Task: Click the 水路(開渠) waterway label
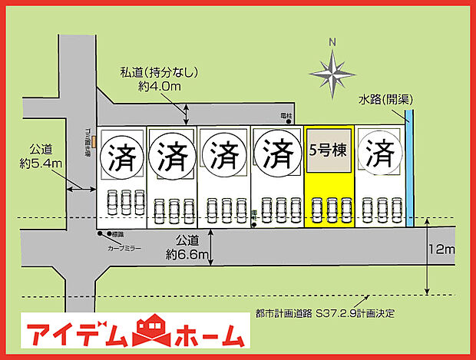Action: tap(385, 100)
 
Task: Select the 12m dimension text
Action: tap(443, 250)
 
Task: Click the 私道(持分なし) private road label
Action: tap(160, 73)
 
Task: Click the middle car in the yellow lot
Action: tap(329, 210)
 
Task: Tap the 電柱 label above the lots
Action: tap(287, 114)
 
